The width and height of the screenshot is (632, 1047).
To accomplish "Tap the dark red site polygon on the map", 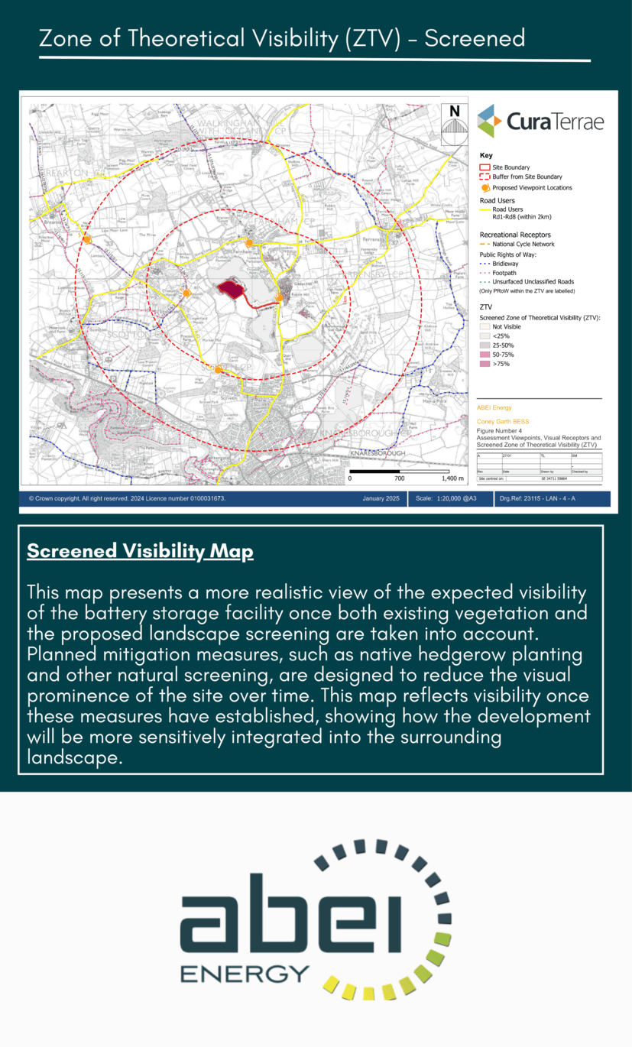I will [232, 290].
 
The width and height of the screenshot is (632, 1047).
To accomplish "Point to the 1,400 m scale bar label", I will [453, 478].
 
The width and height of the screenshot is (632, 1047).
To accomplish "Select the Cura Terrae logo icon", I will [490, 121].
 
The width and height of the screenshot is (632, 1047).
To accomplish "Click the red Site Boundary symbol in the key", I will [484, 167].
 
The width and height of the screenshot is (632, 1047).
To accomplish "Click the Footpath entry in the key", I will [504, 273].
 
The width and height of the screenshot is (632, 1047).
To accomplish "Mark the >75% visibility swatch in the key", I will [484, 364].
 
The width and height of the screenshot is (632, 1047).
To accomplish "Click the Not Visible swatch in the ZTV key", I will [484, 326].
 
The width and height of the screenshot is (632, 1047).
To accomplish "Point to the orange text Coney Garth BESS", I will [502, 421].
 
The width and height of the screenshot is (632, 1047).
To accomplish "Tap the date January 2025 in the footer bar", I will [381, 498].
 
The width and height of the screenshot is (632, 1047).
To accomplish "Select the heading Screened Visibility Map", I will [140, 552].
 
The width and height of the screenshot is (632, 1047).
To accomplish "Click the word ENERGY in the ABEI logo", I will [245, 973].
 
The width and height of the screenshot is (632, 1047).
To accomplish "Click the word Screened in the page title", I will [475, 38].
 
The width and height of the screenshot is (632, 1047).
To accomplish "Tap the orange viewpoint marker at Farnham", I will [249, 242].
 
